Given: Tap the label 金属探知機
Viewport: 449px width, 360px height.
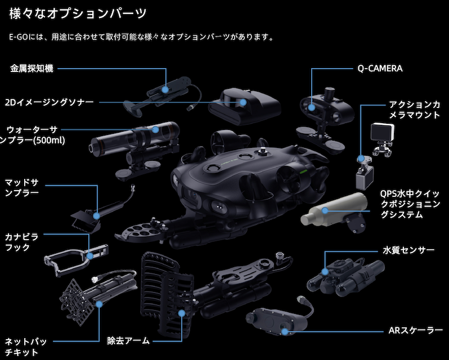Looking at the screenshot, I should pos(32,69).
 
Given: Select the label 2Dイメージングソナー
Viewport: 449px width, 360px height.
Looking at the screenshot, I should pos(49,102).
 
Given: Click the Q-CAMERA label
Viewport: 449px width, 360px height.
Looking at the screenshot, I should pos(380,69).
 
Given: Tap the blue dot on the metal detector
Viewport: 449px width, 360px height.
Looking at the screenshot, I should pos(165,89).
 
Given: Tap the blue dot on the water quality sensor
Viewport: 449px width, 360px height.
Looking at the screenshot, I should pos(325,271).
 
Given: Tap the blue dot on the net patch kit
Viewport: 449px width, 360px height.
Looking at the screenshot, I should pos(100,304).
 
